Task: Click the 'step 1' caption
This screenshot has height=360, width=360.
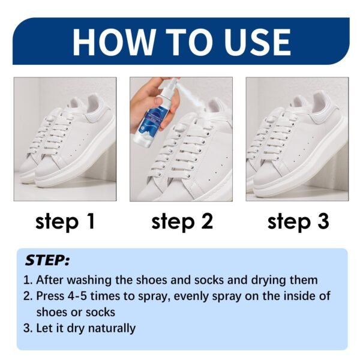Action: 65,221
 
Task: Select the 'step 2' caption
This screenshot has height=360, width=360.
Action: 182,221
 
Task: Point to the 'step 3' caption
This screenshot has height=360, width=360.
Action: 298,221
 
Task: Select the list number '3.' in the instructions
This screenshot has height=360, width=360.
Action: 28,328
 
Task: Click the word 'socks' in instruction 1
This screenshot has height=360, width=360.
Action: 206,280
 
